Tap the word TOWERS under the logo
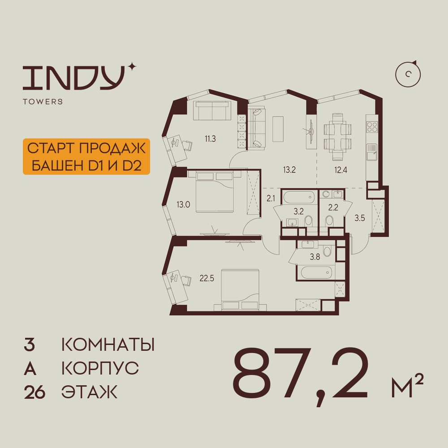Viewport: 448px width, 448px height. (43, 102)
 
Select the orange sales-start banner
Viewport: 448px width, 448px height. (86, 156)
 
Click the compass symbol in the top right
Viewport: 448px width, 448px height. (409, 74)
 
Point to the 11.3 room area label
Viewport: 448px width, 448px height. (210, 139)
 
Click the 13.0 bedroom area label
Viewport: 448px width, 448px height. (183, 205)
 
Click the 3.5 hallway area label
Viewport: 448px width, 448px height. (359, 219)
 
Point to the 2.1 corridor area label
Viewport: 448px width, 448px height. (271, 198)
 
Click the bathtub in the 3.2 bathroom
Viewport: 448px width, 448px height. (299, 197)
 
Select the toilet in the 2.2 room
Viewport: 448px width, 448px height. (330, 221)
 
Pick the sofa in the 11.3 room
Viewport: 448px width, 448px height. (212, 110)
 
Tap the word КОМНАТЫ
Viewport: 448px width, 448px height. (108, 345)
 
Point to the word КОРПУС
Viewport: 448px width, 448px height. (100, 369)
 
